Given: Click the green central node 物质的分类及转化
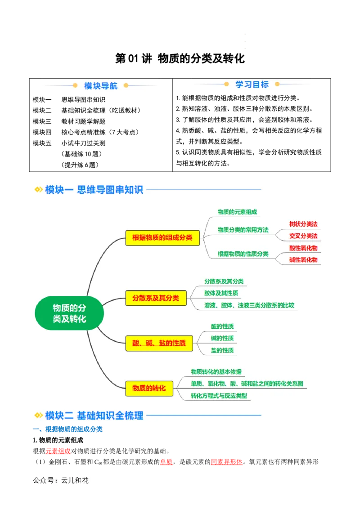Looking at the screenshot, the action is (69, 313).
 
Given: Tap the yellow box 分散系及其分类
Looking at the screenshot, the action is (156, 298).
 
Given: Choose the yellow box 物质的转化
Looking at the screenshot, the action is (149, 388).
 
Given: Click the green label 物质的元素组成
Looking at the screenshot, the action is (237, 212).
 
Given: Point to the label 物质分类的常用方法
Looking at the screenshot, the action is (243, 230).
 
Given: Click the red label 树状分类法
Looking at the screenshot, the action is (303, 224).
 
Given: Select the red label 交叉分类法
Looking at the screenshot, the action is (303, 236).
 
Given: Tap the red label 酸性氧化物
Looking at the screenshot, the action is (303, 248).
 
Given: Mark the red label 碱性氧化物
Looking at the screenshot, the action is (303, 260).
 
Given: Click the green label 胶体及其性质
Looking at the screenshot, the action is (221, 293).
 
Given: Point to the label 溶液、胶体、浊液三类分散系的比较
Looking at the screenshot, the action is (249, 305).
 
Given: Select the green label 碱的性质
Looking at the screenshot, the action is (222, 338).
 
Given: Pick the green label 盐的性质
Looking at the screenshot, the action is (222, 350).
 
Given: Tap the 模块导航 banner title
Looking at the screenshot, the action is (101, 85).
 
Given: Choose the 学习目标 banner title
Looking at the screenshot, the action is (252, 85).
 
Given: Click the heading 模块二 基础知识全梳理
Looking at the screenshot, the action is (94, 415).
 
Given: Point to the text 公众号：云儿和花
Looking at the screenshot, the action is (61, 480).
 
